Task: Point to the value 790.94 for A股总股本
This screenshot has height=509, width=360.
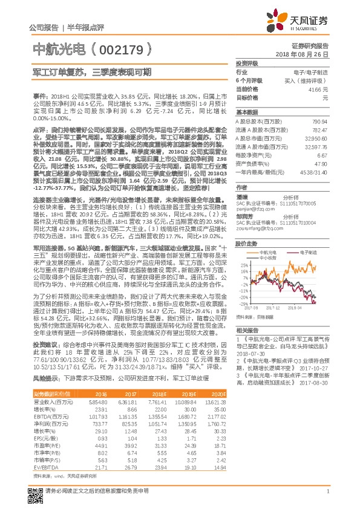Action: tap(319, 122)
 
